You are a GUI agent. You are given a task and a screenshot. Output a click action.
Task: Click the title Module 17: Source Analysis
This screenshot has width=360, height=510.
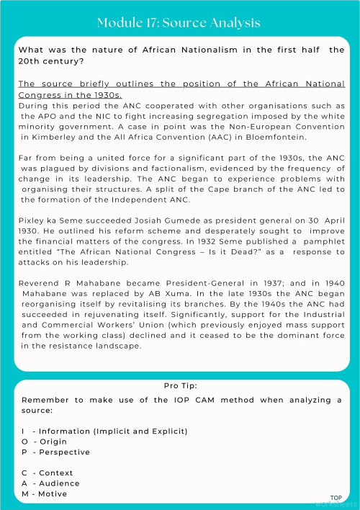pyautogui.click(x=179, y=23)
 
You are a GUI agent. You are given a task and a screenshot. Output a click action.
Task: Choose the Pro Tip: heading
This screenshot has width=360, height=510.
pyautogui.click(x=180, y=386)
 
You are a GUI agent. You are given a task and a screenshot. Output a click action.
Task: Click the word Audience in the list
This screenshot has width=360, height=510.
pyautogui.click(x=59, y=483)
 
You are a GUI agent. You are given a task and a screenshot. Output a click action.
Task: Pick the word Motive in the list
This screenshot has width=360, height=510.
pyautogui.click(x=53, y=493)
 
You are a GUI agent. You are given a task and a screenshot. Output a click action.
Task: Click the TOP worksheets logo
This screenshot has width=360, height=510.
pyautogui.click(x=336, y=500)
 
